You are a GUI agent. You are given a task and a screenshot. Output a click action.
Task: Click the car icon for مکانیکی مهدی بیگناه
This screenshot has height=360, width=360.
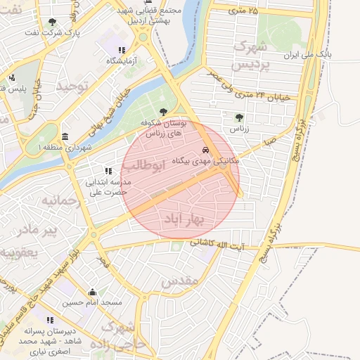pyautogui.click(x=205, y=150)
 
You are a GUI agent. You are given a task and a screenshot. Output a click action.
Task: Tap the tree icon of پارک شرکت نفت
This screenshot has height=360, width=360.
pyautogui.click(x=52, y=22)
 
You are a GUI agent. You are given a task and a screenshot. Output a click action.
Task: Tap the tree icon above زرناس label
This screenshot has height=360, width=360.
pyautogui.click(x=239, y=118)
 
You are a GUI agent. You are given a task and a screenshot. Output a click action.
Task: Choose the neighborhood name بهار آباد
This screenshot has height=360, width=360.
pyautogui.click(x=183, y=219)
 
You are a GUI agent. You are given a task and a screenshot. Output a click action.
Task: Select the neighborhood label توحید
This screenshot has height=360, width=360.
pyautogui.click(x=73, y=86)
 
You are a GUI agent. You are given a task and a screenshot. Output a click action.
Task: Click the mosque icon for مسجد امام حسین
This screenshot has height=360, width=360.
pyautogui.click(x=92, y=292)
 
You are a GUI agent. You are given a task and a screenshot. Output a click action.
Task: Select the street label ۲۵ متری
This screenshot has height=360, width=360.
pyautogui.click(x=243, y=11)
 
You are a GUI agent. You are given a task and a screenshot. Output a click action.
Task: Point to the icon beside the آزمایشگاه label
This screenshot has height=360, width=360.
pyautogui.click(x=122, y=50)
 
